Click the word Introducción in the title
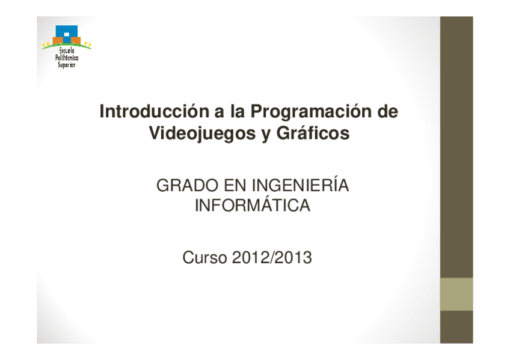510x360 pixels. [x=155, y=111]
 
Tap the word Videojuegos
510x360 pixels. [x=202, y=133]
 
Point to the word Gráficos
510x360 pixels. [x=313, y=132]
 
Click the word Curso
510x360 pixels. [x=204, y=258]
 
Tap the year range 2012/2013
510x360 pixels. [x=272, y=258]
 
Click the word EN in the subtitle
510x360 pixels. [x=235, y=186]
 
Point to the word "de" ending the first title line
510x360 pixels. [x=388, y=111]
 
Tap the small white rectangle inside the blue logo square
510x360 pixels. [x=67, y=34]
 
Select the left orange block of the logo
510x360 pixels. [x=58, y=41]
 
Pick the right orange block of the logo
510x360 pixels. [x=76, y=41]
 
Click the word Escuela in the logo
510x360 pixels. [x=67, y=50]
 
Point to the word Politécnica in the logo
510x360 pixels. [x=67, y=58]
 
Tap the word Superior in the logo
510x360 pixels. [x=67, y=65]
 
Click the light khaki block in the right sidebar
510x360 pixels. [x=456, y=294]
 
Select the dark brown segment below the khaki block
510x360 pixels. [x=456, y=327]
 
